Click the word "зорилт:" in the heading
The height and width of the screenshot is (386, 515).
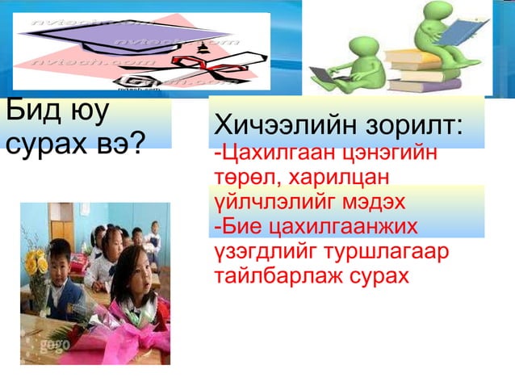tap(416, 127)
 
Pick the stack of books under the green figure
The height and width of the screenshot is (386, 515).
tap(424, 73)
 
